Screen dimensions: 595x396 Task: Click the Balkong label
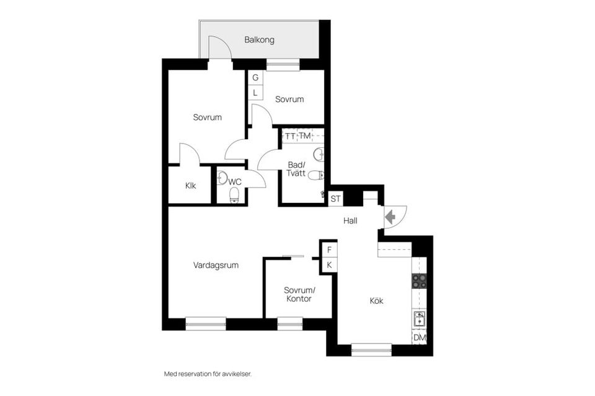(x=259, y=40)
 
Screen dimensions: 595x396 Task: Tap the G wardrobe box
(x=255, y=77)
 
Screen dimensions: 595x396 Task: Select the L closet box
(x=255, y=92)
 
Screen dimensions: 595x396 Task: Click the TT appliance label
(x=290, y=136)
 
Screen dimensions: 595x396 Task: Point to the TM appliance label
(x=305, y=136)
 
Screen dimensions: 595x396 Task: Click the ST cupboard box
(x=335, y=199)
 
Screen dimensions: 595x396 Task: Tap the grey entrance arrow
(x=390, y=217)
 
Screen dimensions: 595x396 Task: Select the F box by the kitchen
(x=329, y=250)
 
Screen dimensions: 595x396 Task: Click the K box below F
(x=329, y=265)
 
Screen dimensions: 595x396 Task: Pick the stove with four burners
(x=420, y=281)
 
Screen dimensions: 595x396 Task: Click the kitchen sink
(x=420, y=319)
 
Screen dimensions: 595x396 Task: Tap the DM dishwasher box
(x=420, y=337)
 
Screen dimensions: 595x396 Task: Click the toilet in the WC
(x=234, y=196)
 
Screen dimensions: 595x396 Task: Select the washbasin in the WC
(x=222, y=178)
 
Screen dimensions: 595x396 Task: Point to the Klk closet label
(x=190, y=186)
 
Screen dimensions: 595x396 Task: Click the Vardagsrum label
(x=216, y=265)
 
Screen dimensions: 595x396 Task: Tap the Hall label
(x=350, y=220)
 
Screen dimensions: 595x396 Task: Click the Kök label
(x=376, y=301)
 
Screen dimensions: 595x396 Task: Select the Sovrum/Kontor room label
(x=299, y=295)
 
